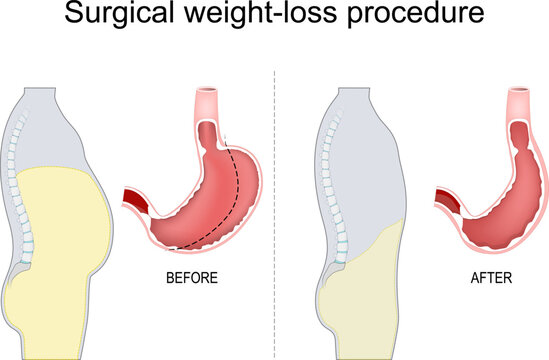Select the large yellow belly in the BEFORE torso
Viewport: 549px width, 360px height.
[x=65, y=220]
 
